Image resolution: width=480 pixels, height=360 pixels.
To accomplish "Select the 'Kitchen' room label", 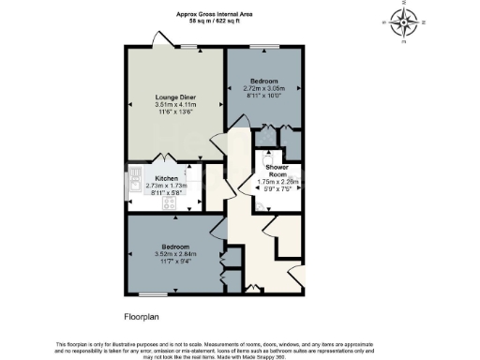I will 167,177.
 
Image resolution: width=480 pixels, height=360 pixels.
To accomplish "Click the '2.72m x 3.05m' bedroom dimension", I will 263,87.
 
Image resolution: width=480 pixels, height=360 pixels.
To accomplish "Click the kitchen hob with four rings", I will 171,202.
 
